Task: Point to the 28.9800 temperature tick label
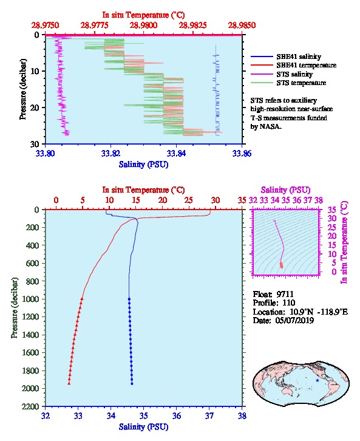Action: coord(144,26)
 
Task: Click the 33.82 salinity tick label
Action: coord(110,153)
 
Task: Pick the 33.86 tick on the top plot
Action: coord(242,153)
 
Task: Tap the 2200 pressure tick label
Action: coord(31,406)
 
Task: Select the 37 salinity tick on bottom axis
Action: coord(209,415)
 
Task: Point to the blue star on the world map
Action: coord(318,380)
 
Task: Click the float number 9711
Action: coord(285,294)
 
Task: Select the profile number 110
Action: coord(288,303)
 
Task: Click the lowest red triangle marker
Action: coord(69,383)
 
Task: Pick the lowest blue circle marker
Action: coord(132,383)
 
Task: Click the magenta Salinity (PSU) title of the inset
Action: coord(285,190)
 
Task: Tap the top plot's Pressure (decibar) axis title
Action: coord(23,89)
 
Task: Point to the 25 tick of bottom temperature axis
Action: coord(189,200)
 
